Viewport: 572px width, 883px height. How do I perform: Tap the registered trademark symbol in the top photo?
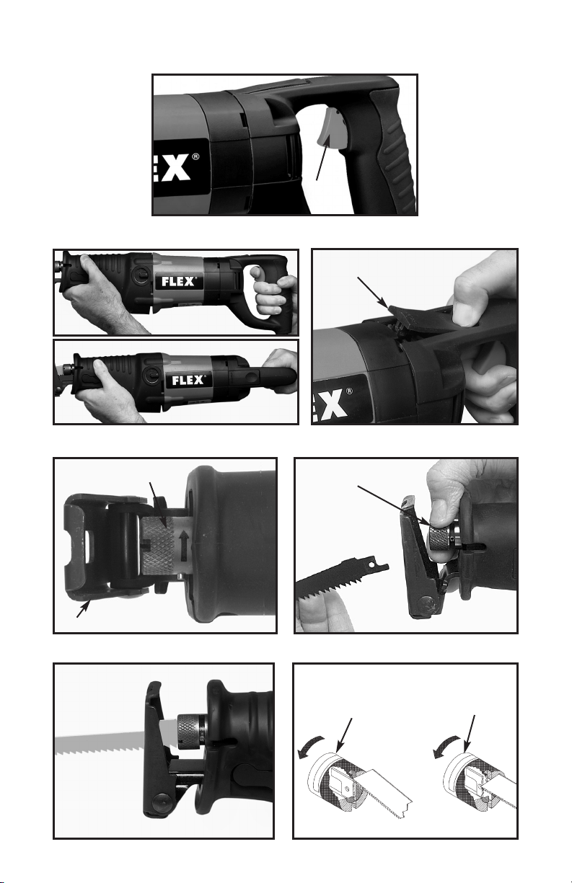point(195,157)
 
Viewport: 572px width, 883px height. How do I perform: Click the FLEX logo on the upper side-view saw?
point(178,281)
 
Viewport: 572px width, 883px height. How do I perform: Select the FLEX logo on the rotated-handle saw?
point(188,380)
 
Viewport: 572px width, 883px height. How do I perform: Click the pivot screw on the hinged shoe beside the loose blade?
point(427,604)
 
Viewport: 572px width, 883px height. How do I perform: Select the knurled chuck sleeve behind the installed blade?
point(190,734)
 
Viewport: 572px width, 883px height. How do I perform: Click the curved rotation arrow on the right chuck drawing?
point(446,746)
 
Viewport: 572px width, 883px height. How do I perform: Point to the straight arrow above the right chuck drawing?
point(470,734)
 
